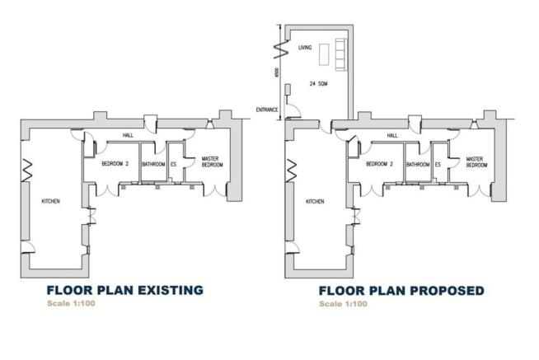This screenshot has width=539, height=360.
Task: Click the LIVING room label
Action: click(305, 49)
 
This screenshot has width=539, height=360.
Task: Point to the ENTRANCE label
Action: click(267, 110)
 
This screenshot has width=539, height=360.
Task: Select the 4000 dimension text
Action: click(279, 73)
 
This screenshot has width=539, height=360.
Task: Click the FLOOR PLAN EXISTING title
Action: click(124, 290)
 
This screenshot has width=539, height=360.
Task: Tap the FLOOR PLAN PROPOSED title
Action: click(401, 291)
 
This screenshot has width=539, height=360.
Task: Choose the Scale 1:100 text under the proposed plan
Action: click(344, 305)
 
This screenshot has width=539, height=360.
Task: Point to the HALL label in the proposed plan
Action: click(392, 136)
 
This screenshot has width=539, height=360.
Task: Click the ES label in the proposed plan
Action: click(438, 165)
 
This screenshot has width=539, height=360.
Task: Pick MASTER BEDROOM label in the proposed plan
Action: click(474, 161)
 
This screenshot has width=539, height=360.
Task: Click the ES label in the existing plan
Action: click(174, 165)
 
